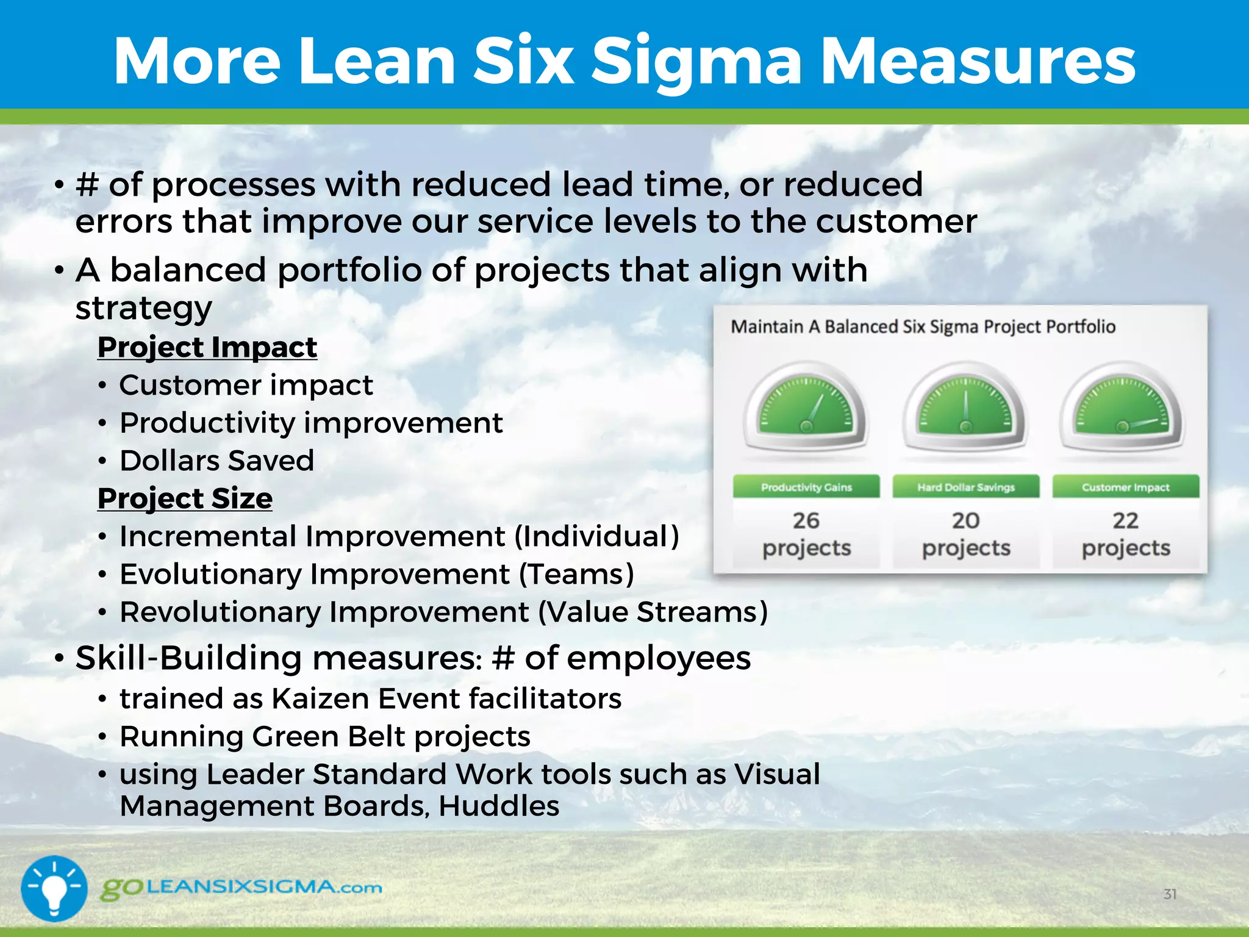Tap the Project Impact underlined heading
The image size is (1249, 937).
pos(207,348)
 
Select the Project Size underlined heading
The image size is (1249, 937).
pos(185,498)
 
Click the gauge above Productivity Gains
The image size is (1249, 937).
pos(806,410)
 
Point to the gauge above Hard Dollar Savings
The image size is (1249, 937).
pos(965,410)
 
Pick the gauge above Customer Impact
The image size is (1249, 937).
pos(1123,410)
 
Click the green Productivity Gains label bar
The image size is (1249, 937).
pos(806,487)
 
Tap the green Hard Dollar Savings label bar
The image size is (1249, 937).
pos(966,487)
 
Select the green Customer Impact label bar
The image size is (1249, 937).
pos(1126,487)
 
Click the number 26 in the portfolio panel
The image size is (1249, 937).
pos(806,520)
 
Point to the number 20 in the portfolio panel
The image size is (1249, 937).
pos(966,520)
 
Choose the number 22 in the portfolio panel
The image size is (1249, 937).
pos(1126,520)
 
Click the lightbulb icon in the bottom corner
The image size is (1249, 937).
pos(54,888)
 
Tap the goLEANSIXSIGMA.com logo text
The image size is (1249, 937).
pos(242,888)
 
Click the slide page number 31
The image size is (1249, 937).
pos(1170,894)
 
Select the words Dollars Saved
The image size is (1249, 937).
pos(217,461)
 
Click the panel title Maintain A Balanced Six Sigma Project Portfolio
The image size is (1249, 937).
pos(923,327)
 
